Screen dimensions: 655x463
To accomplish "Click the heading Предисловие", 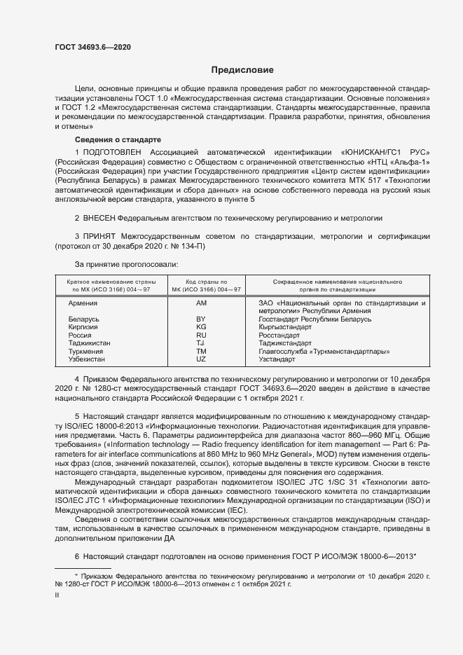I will point(242,70).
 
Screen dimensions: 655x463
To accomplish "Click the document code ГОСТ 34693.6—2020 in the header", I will point(92,47).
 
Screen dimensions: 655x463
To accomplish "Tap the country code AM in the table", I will point(201,303).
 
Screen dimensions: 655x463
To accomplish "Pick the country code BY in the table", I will point(201,319).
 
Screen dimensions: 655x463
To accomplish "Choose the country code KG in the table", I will point(201,327).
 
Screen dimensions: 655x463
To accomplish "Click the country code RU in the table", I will point(201,336).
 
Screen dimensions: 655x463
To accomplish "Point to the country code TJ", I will point(201,343).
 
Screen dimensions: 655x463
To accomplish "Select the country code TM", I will point(201,352).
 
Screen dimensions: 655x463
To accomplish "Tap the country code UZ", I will point(201,359).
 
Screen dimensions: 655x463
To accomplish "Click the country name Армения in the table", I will point(83,303).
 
